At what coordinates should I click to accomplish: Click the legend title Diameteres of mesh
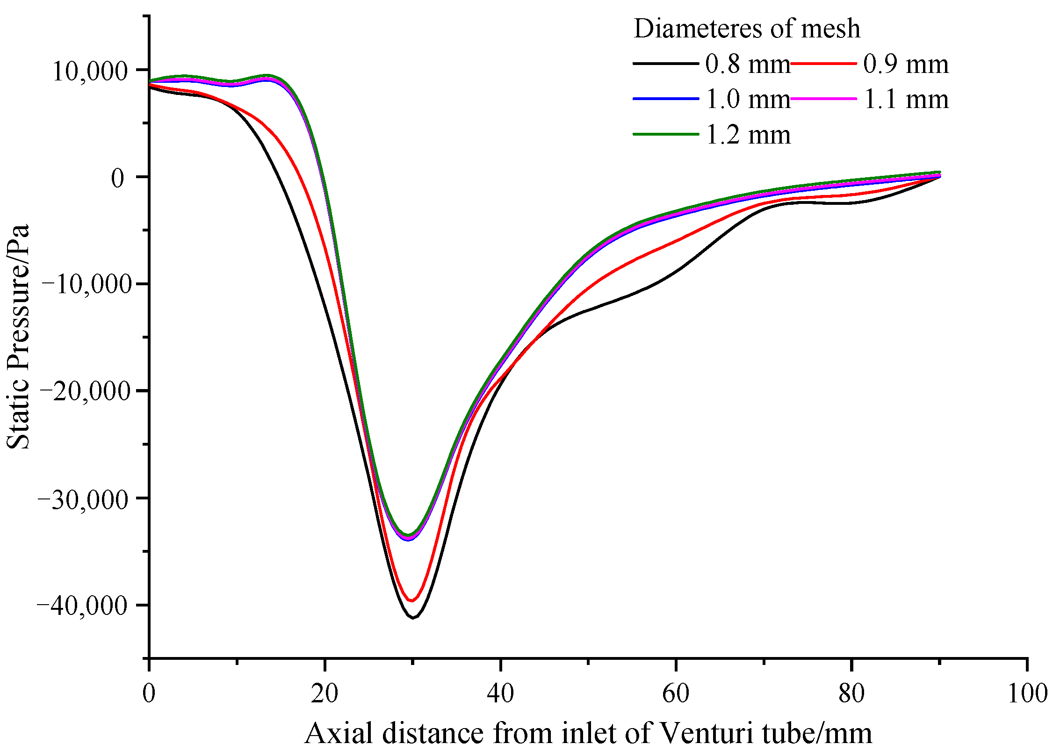(x=747, y=29)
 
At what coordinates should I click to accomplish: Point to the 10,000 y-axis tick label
(x=89, y=72)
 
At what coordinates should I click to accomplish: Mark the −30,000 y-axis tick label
(x=84, y=499)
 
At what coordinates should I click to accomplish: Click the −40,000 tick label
(x=84, y=606)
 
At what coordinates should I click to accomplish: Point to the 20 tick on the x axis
(x=325, y=693)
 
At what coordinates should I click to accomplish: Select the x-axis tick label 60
(x=676, y=693)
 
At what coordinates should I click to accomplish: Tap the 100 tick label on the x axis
(x=1027, y=693)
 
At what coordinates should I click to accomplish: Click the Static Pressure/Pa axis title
(x=18, y=337)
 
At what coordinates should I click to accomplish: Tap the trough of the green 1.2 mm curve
(x=408, y=535)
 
